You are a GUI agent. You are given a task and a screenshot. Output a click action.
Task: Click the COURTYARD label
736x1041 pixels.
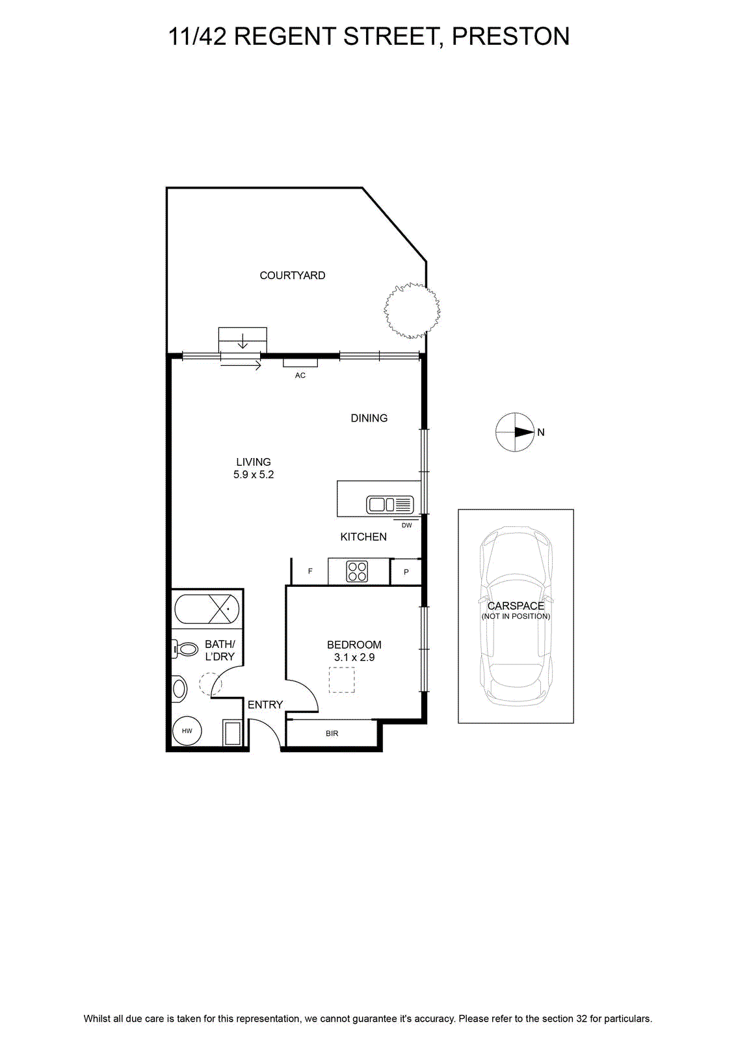tap(292, 276)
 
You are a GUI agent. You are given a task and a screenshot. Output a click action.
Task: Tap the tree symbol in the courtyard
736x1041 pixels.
tap(412, 310)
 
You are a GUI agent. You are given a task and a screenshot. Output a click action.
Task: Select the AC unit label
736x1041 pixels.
tap(300, 375)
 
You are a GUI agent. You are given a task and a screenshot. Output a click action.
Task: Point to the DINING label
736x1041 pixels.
tap(369, 418)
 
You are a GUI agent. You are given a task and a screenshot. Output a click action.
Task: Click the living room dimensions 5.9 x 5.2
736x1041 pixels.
tap(254, 474)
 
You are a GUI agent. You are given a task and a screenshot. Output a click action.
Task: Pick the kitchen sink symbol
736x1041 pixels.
tap(389, 505)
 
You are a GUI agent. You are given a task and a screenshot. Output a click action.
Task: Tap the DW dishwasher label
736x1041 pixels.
tap(406, 526)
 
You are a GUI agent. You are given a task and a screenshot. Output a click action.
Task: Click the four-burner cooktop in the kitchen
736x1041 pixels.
tap(357, 572)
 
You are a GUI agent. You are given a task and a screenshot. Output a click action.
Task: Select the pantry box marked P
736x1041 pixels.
tap(406, 572)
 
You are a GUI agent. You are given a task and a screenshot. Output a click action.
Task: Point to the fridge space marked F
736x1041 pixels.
tap(309, 571)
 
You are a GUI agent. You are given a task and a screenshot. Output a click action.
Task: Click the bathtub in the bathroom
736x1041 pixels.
tap(207, 609)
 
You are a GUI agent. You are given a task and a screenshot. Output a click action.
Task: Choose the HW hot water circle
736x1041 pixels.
tap(187, 731)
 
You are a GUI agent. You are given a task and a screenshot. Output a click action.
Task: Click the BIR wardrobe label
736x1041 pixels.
tap(332, 733)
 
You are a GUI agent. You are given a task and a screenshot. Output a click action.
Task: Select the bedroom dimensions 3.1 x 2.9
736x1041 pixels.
tap(354, 657)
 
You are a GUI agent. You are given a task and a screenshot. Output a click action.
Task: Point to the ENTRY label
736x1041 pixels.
tap(265, 705)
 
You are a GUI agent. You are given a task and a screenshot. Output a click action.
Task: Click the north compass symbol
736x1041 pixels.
tap(515, 432)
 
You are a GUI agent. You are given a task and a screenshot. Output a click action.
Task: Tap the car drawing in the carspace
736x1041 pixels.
tap(516, 617)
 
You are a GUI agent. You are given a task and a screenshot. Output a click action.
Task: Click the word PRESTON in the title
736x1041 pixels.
tap(510, 36)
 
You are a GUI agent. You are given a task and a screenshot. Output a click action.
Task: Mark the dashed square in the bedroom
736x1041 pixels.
tap(342, 681)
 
